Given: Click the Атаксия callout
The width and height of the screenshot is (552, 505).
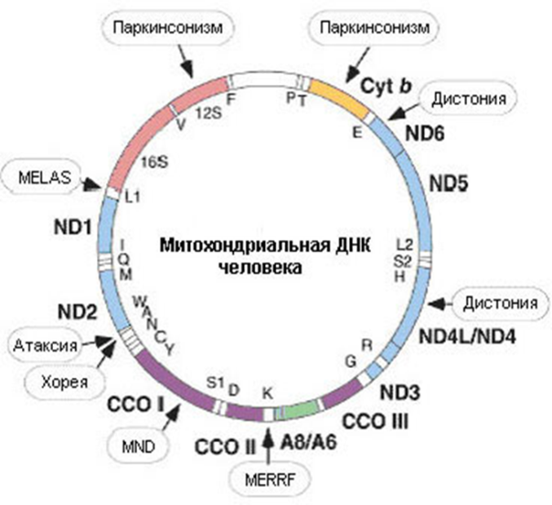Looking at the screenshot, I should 44,347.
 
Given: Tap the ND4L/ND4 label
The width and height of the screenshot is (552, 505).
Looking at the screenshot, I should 466,336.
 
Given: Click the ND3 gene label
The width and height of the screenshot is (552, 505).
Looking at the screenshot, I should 400,392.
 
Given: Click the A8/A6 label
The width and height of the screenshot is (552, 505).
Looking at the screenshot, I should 309,442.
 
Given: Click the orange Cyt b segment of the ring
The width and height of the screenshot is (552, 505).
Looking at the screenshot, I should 335,90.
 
